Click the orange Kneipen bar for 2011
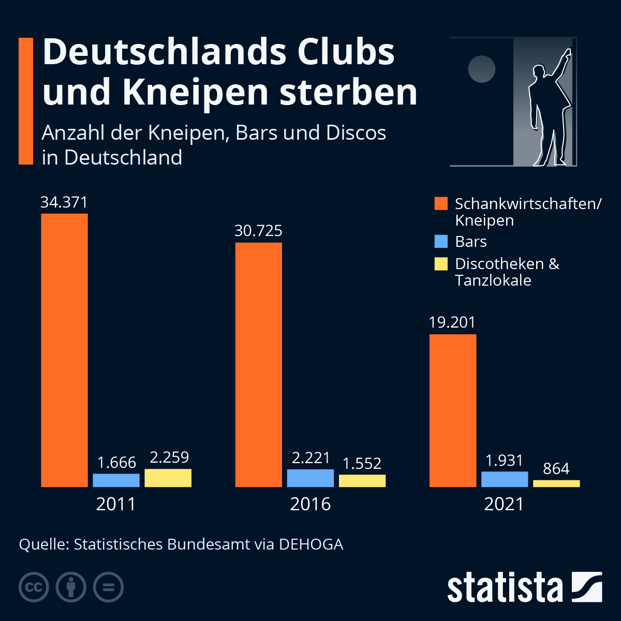click(64, 350)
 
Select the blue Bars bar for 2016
click(310, 478)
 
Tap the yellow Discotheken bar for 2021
click(556, 483)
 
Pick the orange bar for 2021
click(453, 410)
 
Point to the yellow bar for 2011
click(168, 478)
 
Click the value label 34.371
click(64, 202)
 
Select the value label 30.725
click(258, 231)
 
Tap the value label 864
click(556, 469)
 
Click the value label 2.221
click(310, 458)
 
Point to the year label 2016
click(310, 504)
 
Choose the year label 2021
click(504, 504)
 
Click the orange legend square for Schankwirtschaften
click(441, 203)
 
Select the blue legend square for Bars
click(441, 242)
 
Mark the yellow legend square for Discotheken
click(441, 264)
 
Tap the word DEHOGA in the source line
click(311, 544)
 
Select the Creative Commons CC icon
click(34, 587)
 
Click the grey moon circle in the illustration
click(482, 69)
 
